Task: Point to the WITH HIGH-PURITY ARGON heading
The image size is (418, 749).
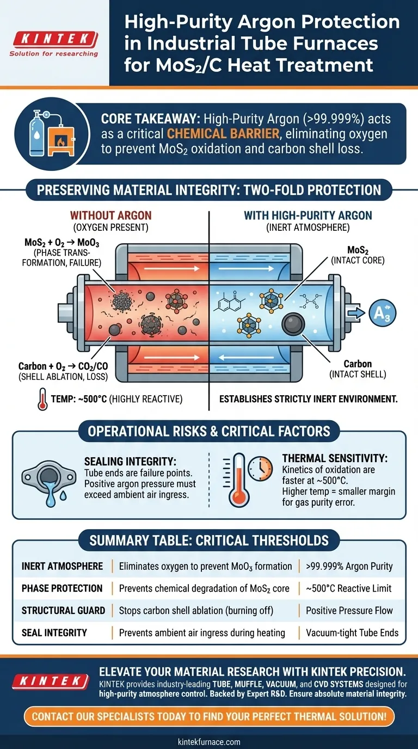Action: tap(308, 216)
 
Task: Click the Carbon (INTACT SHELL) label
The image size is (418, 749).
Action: tap(357, 369)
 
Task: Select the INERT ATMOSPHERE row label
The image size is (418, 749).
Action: tap(62, 567)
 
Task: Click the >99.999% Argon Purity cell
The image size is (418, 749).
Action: tap(349, 567)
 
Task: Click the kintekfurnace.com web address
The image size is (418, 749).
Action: tap(209, 741)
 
